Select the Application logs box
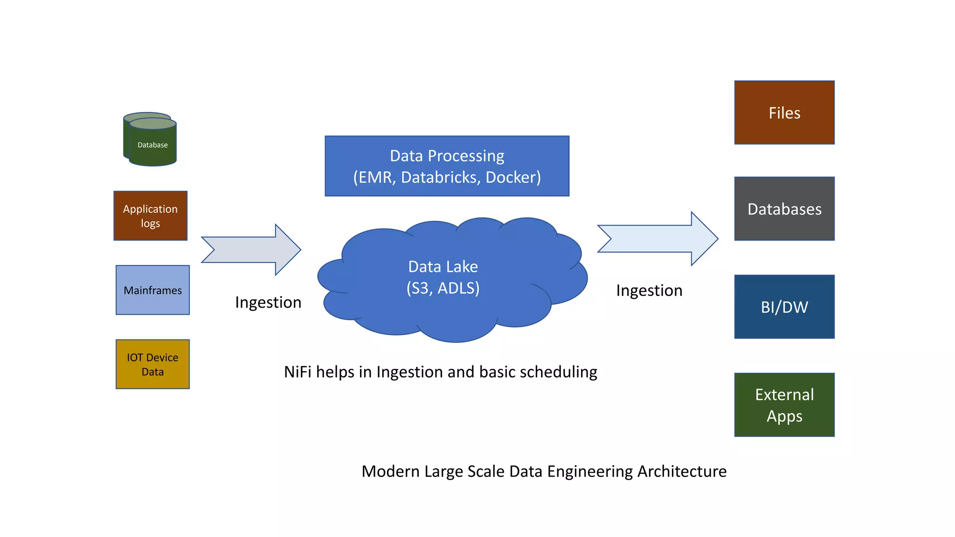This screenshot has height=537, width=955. click(150, 216)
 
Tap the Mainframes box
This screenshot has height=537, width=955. click(152, 290)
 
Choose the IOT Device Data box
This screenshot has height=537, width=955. click(152, 364)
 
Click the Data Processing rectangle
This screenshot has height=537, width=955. click(447, 166)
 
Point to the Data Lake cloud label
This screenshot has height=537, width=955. click(443, 267)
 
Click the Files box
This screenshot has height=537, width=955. click(784, 113)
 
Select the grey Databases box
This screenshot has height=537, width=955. click(784, 209)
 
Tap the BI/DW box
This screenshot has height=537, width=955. click(784, 307)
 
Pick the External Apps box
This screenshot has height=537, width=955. click(784, 405)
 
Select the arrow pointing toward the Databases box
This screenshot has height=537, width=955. click(657, 239)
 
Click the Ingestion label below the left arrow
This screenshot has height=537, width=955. click(268, 303)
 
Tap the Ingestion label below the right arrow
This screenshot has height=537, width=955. click(649, 290)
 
